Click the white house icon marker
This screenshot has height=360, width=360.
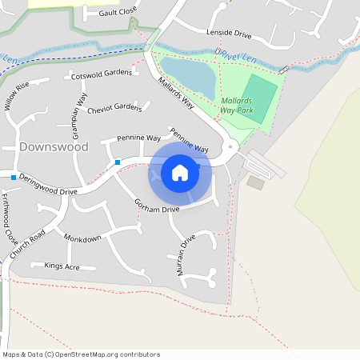[x=180, y=172]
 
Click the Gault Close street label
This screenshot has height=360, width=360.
[x=118, y=13]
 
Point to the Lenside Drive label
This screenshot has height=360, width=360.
[x=229, y=35]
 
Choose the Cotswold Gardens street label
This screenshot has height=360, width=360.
[x=102, y=74]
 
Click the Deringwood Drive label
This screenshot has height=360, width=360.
[x=48, y=185]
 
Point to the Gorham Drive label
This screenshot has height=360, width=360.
[x=157, y=204]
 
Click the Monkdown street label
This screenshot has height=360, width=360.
[x=83, y=239]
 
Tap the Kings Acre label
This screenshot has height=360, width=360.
[x=62, y=265]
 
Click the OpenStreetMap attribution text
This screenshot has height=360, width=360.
[x=81, y=354]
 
